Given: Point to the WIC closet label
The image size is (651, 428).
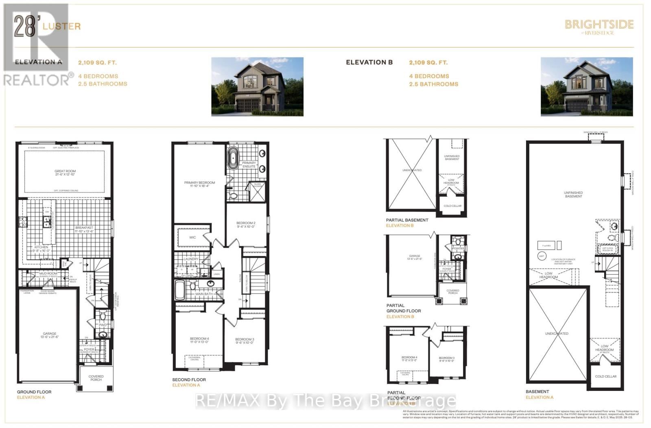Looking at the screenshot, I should tap(192, 237).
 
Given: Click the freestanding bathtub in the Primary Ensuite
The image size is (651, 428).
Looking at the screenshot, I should tap(233, 159).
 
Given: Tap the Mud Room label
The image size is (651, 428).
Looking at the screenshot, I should tap(48, 274).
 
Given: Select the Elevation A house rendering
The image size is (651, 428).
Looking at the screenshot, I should tap(257, 86).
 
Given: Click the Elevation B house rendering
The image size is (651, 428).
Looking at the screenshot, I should tap(587, 86).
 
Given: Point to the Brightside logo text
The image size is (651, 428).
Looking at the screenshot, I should tap(599, 25).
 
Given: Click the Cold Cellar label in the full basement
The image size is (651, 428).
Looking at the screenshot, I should tap(605, 376).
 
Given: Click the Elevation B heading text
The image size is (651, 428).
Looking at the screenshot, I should tap(369, 62).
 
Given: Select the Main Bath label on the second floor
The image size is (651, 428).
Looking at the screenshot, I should tap(204, 294).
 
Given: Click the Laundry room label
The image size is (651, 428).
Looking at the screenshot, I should tap(191, 259).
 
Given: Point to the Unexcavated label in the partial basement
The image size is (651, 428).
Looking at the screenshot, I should tap(412, 170).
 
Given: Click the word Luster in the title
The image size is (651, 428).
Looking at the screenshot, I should tap(62, 26).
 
